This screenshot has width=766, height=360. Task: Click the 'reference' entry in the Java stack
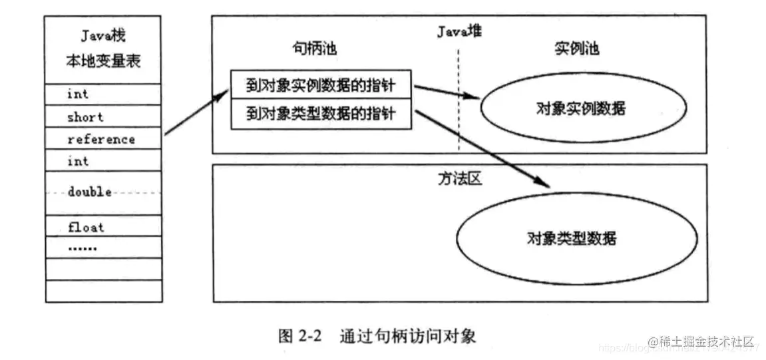point(101,139)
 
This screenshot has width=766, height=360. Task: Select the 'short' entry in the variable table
point(85,117)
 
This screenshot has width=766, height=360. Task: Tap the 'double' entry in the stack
point(89,192)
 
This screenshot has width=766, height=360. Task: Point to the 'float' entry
point(86,228)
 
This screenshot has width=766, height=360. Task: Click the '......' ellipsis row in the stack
point(82,248)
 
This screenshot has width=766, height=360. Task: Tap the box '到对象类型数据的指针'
point(320,114)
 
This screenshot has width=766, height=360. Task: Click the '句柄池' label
point(310,51)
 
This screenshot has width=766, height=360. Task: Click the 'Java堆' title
point(459,31)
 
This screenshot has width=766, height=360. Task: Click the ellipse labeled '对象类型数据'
point(576,238)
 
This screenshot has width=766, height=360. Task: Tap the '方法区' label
point(459,180)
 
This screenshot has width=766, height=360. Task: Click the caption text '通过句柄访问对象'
point(407,335)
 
